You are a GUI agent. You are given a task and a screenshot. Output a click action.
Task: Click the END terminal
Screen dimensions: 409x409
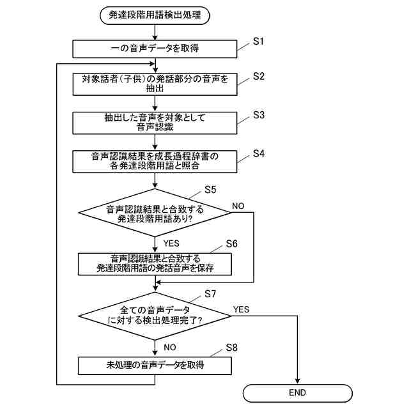click(x=297, y=392)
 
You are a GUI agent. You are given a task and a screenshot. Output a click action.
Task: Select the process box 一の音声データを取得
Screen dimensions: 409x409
click(x=155, y=49)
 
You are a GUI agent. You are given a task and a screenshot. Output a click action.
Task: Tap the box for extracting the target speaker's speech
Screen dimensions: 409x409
click(x=155, y=84)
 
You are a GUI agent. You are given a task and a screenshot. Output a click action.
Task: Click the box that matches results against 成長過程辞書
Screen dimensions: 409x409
click(x=155, y=160)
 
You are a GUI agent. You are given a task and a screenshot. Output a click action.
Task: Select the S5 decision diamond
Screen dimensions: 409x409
click(x=155, y=213)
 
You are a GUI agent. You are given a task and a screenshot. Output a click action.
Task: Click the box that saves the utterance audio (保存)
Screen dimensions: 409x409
click(x=155, y=263)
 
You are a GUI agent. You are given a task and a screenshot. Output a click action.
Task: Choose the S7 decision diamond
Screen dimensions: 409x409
click(x=155, y=315)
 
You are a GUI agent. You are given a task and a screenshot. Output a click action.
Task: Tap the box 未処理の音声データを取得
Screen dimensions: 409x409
click(x=155, y=366)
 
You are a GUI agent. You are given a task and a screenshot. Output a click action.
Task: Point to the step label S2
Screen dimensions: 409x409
click(x=258, y=76)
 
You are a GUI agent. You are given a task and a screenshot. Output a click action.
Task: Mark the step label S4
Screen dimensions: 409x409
click(x=258, y=153)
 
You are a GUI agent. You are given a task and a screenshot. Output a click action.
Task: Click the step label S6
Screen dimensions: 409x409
click(x=231, y=244)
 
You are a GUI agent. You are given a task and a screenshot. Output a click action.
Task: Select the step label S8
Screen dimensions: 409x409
click(x=231, y=348)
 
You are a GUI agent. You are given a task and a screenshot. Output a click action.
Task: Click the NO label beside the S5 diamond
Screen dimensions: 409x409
click(x=238, y=206)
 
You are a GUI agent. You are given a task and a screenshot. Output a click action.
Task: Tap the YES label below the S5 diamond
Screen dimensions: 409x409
click(x=171, y=243)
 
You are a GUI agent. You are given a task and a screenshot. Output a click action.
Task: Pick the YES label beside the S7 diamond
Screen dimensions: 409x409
click(x=241, y=309)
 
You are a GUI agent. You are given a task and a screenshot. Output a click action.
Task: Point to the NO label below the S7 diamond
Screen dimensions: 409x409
click(x=170, y=347)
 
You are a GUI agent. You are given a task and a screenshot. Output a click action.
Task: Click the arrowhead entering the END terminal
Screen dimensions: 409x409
click(x=297, y=382)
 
